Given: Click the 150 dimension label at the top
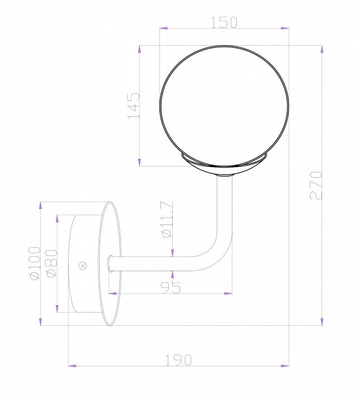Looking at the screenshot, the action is [x=224, y=22].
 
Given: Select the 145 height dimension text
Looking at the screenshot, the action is [x=134, y=106].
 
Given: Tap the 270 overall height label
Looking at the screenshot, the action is [x=316, y=185].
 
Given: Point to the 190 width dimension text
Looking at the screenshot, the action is [x=178, y=360].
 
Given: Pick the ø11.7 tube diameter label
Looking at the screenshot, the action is [x=168, y=219].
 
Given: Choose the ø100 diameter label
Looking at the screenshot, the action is [x=35, y=263].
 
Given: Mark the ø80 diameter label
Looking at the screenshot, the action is [x=51, y=263].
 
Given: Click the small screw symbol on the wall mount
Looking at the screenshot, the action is [x=82, y=266].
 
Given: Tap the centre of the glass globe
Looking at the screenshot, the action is [x=225, y=106].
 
